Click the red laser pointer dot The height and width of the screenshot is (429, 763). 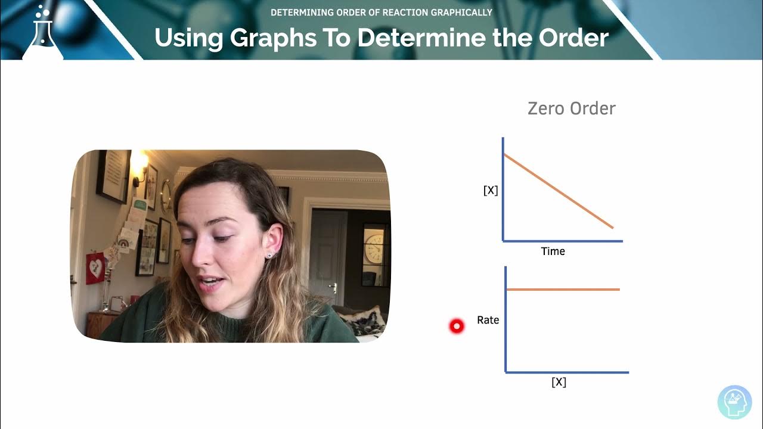[457, 326]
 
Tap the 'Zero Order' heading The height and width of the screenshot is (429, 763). [571, 108]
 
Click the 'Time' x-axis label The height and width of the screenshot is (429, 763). [553, 251]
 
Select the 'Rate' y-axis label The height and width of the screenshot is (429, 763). [488, 321]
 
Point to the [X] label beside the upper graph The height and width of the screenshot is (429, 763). [491, 191]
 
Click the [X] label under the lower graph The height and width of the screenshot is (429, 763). [559, 382]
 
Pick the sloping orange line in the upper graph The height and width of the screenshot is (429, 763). [559, 191]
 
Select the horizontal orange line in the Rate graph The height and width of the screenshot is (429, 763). [563, 290]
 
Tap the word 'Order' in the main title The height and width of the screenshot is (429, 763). [573, 38]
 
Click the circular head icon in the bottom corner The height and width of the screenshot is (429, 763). [734, 402]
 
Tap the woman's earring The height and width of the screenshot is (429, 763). [269, 255]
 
